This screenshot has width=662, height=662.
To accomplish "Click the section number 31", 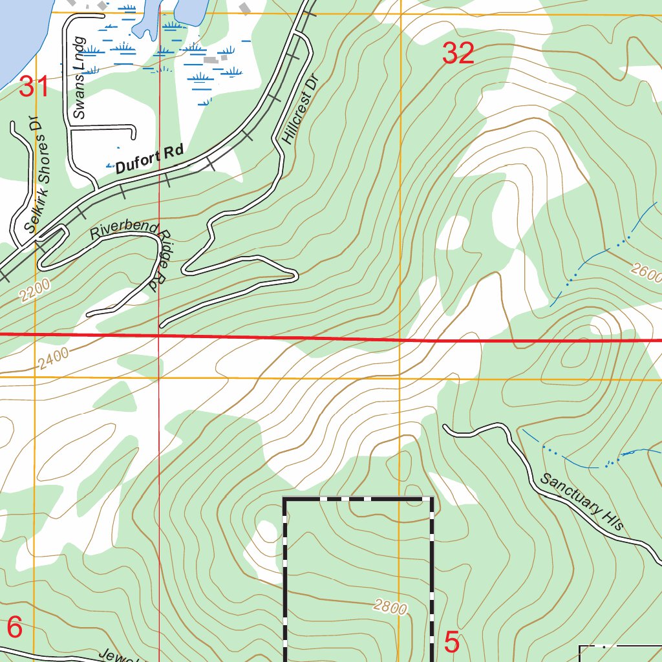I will click(34, 87).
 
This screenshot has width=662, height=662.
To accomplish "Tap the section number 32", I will click(458, 53).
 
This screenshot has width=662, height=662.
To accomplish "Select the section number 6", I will click(15, 627).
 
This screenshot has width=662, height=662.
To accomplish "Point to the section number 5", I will click(452, 643).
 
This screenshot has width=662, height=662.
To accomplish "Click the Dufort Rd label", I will click(149, 160).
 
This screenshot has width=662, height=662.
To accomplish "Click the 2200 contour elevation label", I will click(34, 288).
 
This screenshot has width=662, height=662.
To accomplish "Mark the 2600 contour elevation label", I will click(646, 273).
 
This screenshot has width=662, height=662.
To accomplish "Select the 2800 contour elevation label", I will click(390, 606).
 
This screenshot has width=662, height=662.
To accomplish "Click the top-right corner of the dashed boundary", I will click(432, 499).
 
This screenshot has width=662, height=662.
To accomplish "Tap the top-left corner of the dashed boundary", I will click(285, 499).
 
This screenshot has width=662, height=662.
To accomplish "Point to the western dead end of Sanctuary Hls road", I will click(445, 427).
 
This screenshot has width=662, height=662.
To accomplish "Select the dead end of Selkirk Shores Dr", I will click(14, 123).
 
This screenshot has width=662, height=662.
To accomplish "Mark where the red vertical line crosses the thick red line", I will click(159, 336).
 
